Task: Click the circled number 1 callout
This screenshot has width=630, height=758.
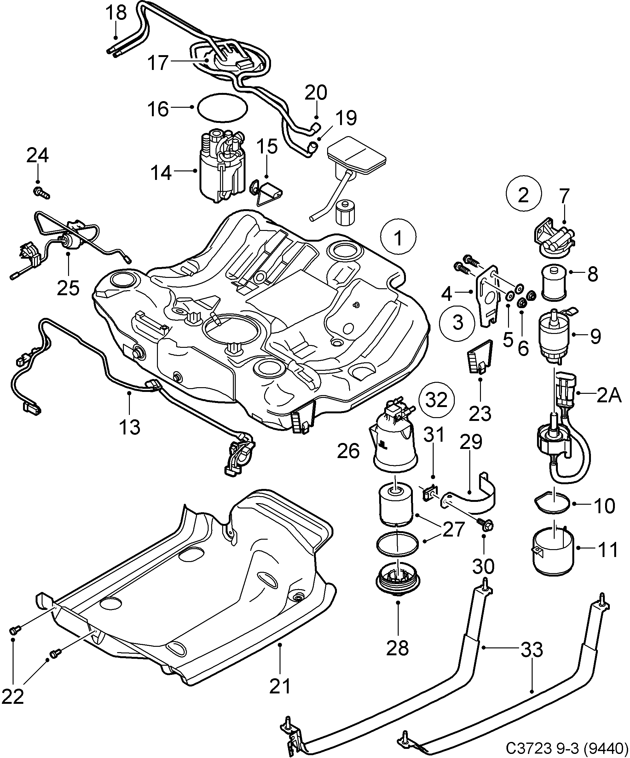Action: click(398, 238)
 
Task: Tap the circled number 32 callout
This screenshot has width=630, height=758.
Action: click(436, 399)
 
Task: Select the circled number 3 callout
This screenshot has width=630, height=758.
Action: click(457, 322)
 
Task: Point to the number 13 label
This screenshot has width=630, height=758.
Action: click(130, 428)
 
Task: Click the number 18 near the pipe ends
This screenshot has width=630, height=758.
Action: click(116, 13)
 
